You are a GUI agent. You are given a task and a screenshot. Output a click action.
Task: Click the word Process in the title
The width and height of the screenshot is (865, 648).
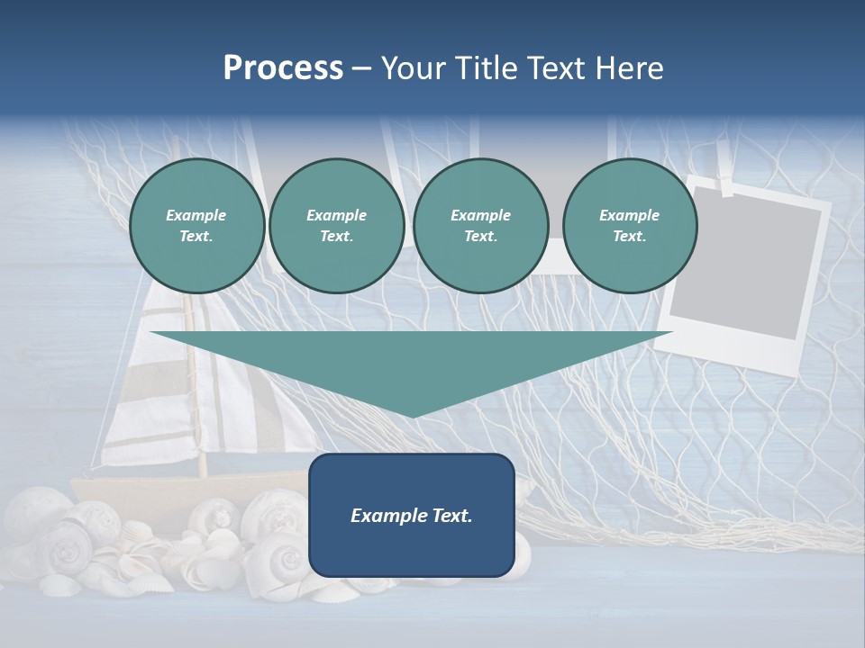[283, 67]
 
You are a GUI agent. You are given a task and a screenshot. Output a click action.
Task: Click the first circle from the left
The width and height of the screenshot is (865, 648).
[197, 226]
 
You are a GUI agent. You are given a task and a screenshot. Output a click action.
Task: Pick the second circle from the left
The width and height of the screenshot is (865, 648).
[337, 226]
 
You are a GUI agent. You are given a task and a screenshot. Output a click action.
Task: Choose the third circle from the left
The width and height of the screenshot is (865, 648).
[481, 226]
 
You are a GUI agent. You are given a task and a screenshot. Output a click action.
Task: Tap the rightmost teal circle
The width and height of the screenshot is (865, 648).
[630, 226]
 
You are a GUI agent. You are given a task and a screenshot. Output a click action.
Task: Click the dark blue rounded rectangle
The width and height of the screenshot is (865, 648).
[412, 515]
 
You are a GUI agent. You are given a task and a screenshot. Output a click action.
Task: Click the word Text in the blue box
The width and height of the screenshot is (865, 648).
[450, 516]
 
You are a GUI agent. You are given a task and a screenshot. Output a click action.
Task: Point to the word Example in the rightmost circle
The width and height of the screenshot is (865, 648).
[629, 215]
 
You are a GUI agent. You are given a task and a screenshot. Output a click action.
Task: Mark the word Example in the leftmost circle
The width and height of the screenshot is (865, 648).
[196, 215]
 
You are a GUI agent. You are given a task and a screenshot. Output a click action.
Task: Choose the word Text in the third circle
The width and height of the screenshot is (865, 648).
[479, 236]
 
